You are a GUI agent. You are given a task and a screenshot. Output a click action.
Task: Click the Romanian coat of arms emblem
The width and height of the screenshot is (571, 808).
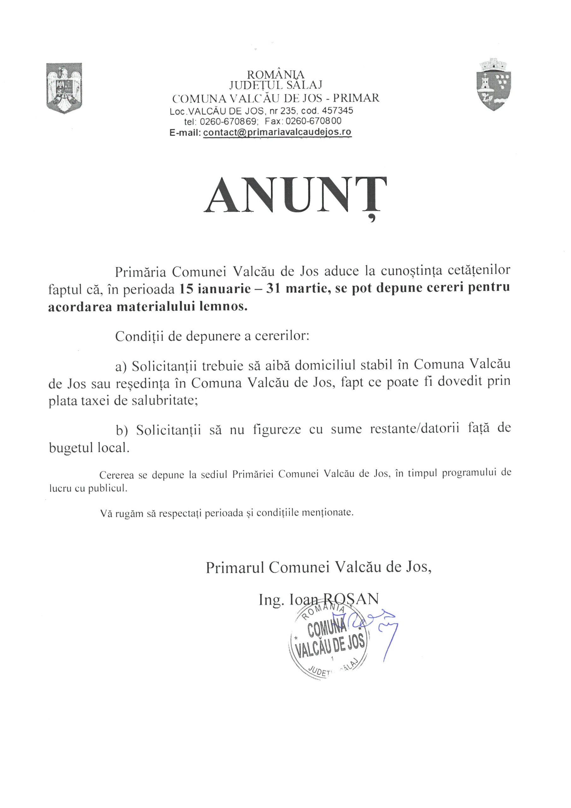coord(64,88)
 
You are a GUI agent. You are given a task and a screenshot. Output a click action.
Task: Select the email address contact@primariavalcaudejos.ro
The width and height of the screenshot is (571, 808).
coord(277,132)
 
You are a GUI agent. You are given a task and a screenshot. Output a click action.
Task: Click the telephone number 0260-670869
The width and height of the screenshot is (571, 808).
coord(229,122)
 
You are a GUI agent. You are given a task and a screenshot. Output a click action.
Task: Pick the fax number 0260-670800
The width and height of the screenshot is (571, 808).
coord(313,122)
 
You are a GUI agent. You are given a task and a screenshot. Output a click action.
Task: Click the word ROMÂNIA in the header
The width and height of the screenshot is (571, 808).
coord(276,74)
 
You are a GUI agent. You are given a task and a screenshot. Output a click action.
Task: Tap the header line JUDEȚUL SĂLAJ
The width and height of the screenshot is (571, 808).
coord(276,85)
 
